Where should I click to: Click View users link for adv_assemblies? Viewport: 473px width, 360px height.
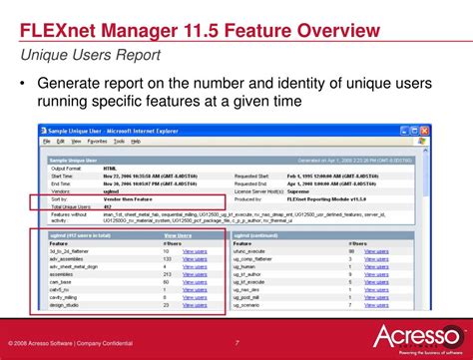coord(195,258)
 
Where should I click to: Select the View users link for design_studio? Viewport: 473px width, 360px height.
coord(195,305)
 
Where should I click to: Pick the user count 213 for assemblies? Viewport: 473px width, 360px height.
coord(167,274)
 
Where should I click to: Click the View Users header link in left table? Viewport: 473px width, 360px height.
coord(179,234)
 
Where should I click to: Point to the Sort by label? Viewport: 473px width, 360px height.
coord(59,199)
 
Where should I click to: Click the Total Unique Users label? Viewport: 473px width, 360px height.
coord(67,206)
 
